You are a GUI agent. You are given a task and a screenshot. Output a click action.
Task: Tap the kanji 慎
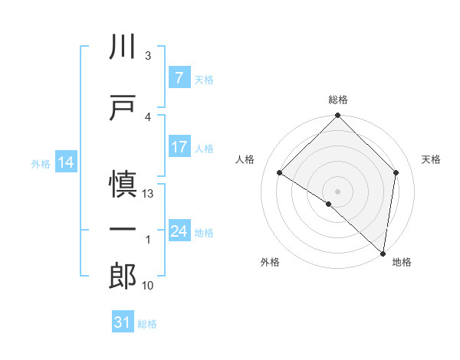pos(123,186)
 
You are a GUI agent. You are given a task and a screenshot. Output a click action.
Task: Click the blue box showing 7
pos(178,77)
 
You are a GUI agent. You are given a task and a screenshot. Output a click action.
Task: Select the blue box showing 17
pos(179,147)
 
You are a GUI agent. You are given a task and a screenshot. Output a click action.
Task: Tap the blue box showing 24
pos(179,231)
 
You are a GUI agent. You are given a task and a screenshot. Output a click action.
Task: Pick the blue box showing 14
pos(66,162)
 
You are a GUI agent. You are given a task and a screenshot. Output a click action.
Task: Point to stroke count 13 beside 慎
pos(148,194)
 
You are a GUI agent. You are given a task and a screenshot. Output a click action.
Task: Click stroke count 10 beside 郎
pos(148,286)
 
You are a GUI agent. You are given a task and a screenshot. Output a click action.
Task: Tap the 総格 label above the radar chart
pos(338,100)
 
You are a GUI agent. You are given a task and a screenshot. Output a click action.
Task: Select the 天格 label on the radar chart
pos(432,159)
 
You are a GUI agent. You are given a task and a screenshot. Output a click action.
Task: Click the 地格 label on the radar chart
pos(402,262)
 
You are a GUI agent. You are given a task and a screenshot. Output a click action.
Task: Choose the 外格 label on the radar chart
pos(270,262)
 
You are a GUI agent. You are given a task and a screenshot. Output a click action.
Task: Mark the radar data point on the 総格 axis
pos(338,116)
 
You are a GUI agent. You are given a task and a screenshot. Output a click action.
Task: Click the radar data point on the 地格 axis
pos(383,254)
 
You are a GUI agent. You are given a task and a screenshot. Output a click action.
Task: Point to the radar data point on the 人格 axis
pos(280,172)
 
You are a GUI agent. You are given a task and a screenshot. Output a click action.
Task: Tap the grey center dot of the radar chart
pos(338,191)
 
